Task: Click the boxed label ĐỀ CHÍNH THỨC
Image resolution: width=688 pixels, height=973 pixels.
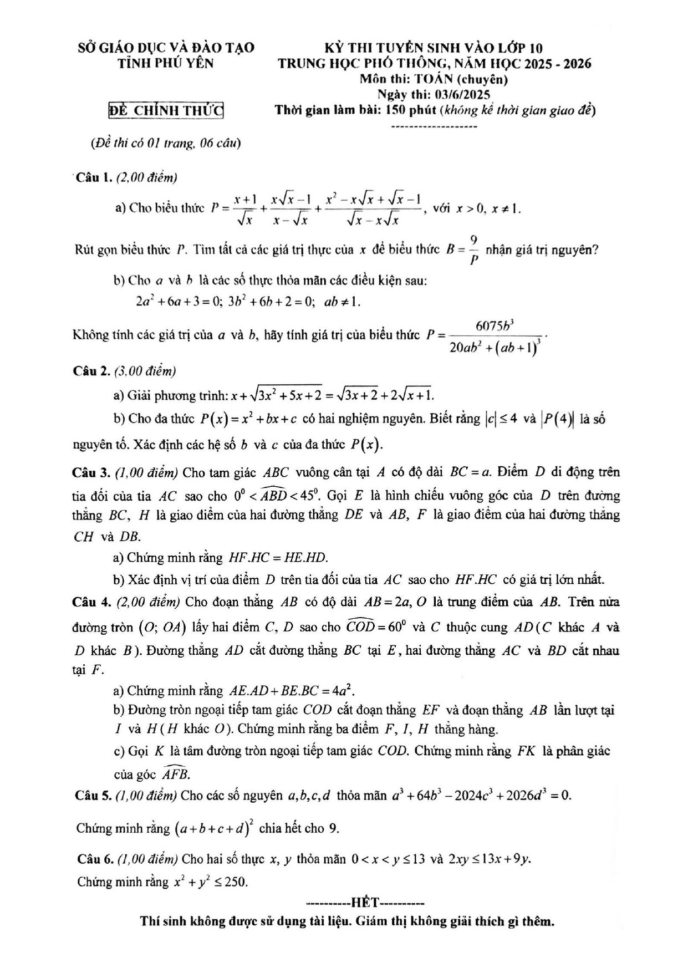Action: pos(166,110)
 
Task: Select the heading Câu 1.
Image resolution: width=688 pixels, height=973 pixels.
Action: pos(94,177)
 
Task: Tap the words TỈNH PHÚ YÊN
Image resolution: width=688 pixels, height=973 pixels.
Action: pos(166,63)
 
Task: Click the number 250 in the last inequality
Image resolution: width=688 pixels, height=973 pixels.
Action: pos(236,882)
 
